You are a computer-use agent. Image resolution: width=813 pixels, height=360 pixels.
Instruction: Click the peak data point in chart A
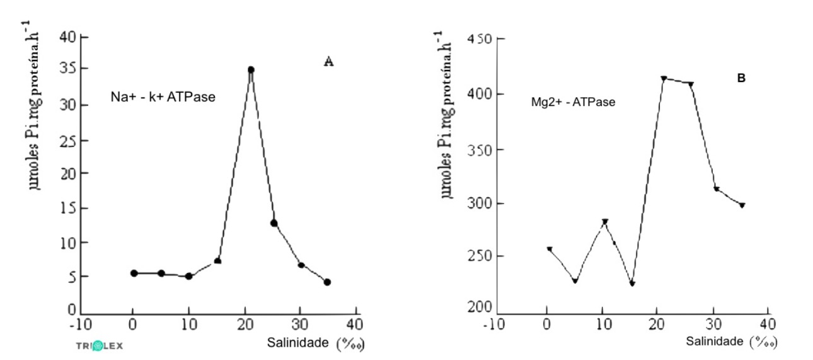[x=251, y=70]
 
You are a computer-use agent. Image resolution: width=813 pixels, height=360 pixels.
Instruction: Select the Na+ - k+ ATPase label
[x=163, y=98]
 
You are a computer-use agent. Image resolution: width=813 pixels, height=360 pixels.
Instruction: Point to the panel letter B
[x=742, y=78]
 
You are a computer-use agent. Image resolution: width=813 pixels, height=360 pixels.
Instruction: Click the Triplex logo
[x=100, y=345]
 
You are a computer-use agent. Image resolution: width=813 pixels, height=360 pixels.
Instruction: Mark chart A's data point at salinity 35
[x=327, y=282]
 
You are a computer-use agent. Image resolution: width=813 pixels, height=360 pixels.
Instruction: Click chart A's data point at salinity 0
[x=134, y=273]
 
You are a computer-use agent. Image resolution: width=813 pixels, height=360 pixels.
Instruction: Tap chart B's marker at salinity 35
[x=742, y=206]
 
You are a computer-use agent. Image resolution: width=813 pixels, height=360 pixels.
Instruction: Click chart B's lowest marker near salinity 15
[x=632, y=284]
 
